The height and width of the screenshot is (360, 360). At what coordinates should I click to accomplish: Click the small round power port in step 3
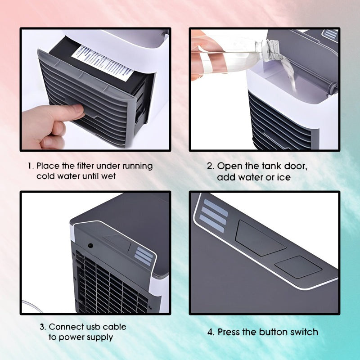tap(90, 246)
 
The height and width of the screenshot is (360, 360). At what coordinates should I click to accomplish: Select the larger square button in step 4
tap(260, 237)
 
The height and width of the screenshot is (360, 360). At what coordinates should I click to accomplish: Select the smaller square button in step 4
tap(298, 266)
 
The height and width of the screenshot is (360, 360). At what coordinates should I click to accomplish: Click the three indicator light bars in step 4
tap(212, 216)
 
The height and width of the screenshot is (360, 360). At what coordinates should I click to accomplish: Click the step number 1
tap(30, 166)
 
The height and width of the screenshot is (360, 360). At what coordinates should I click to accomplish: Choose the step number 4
tap(211, 332)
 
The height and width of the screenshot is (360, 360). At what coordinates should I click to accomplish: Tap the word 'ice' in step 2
tap(284, 177)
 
